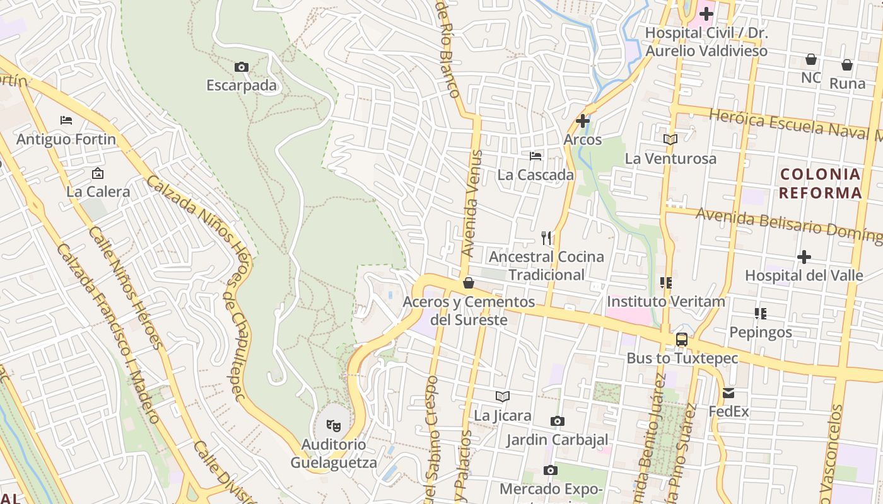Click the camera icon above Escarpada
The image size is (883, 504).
(241, 67)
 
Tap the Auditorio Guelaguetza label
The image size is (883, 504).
(333, 454)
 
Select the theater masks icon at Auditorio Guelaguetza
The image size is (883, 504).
(334, 426)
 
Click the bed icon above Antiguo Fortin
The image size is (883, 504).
(66, 120)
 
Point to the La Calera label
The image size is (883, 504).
(98, 192)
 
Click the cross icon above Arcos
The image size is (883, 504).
(583, 120)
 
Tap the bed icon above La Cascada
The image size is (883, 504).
(535, 156)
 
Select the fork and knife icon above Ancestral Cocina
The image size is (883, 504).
(546, 238)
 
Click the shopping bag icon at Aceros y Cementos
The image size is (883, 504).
(469, 283)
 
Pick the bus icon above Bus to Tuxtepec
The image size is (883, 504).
(681, 339)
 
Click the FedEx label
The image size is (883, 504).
(728, 412)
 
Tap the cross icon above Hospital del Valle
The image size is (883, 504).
(804, 256)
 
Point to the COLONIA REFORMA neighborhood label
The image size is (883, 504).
(820, 183)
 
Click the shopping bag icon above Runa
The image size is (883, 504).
(847, 64)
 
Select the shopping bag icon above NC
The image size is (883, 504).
(811, 59)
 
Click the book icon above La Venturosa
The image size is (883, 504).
(670, 139)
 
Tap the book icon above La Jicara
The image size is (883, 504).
(503, 396)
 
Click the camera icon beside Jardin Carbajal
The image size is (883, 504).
(557, 421)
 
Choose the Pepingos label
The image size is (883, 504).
(761, 332)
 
